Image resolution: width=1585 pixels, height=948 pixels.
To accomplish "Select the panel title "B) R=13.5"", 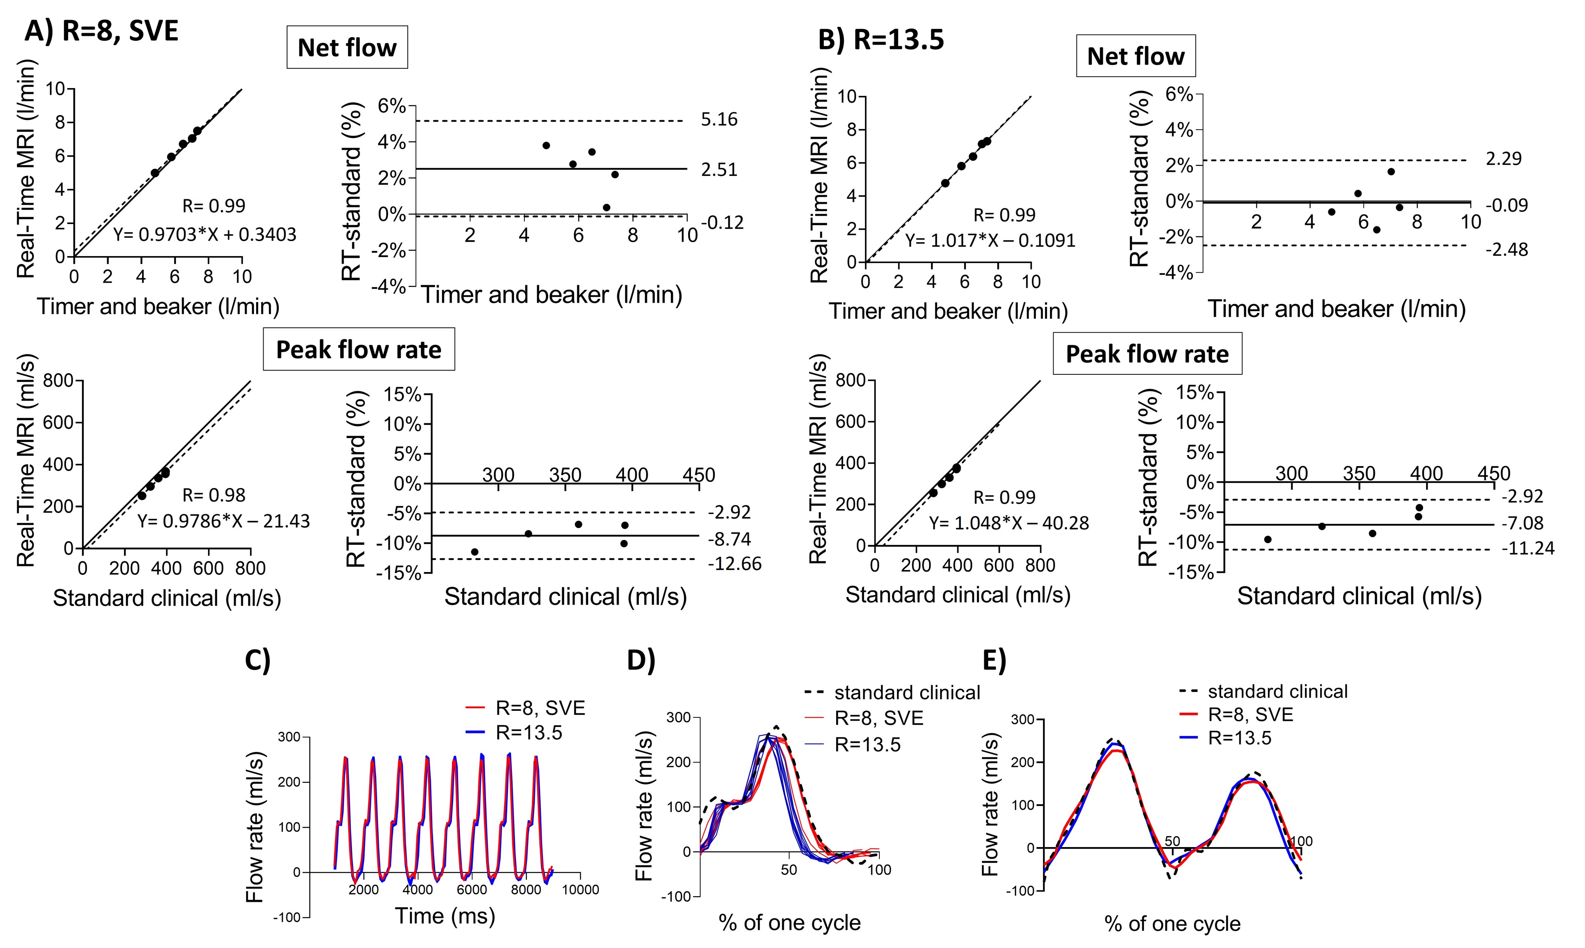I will tap(881, 40).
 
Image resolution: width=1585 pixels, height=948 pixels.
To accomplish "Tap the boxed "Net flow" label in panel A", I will tap(347, 48).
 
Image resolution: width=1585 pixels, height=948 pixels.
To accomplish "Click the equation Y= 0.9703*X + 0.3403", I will tap(204, 234).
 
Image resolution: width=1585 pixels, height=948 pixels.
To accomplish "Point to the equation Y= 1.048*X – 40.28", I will tap(1008, 523).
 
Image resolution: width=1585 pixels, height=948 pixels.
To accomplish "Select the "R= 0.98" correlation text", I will tap(213, 495).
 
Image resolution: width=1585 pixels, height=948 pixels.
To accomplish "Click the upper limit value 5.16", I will tap(719, 119).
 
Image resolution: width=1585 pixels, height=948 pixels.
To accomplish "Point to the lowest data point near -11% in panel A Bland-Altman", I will tap(475, 552).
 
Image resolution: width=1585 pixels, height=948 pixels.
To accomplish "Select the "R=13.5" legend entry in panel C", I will tap(528, 732).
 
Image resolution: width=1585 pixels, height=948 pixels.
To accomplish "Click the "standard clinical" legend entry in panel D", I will tap(907, 693).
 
